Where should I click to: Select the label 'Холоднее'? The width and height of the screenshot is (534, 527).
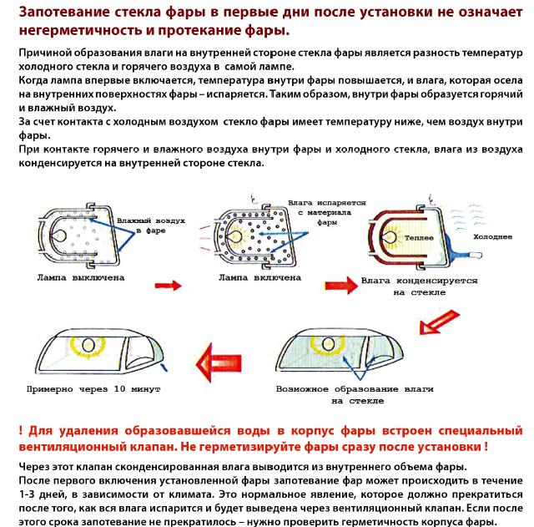[x=493, y=237]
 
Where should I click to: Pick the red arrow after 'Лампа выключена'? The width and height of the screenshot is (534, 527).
[x=168, y=285]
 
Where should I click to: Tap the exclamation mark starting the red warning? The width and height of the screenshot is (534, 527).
[x=21, y=431]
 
